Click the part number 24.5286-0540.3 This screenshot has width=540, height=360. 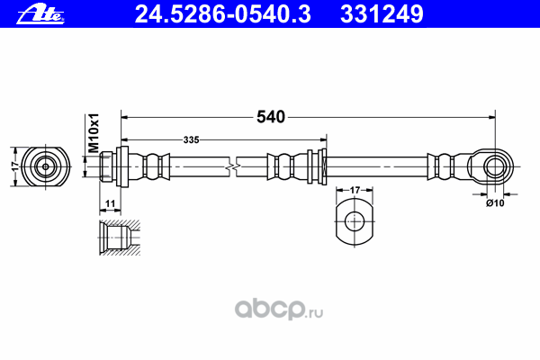(229, 13)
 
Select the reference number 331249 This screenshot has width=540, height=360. (382, 13)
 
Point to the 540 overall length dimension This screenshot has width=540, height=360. (270, 117)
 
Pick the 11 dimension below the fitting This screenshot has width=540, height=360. (110, 204)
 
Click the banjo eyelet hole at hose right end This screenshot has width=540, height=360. (493, 166)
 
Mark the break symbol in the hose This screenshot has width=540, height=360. (233, 166)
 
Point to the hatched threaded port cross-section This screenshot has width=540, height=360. (117, 239)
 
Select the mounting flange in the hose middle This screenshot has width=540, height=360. (315, 166)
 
